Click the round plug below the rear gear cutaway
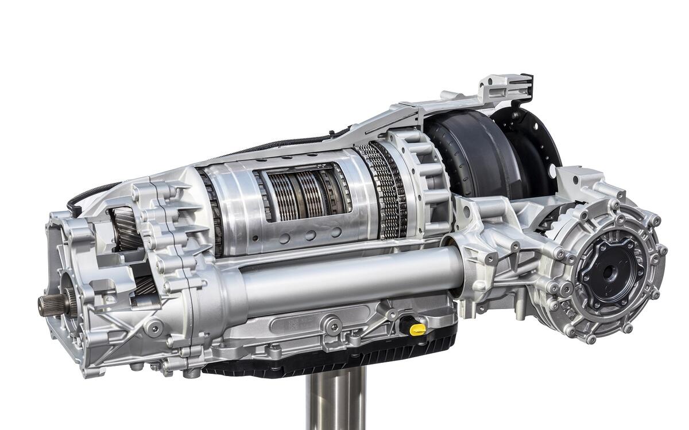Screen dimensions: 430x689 point(154,327)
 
